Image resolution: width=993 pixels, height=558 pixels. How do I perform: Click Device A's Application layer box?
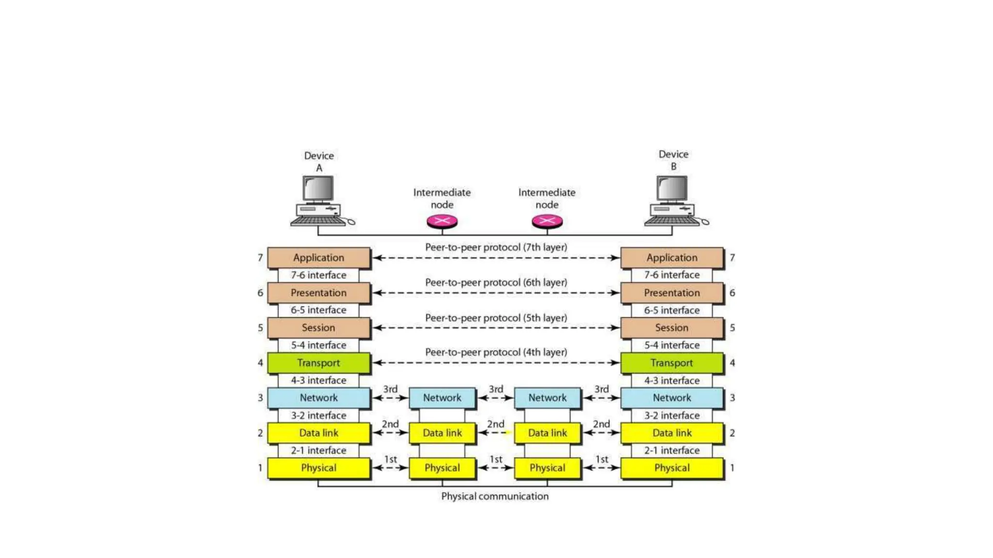pos(319,258)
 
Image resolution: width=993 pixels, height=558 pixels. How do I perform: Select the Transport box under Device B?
pos(672,363)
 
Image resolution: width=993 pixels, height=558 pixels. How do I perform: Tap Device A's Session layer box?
pos(319,328)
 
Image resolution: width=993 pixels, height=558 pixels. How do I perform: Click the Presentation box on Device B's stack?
pos(672,293)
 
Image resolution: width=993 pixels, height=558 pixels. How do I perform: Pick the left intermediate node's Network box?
pos(442,398)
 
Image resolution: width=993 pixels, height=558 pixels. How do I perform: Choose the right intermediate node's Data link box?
pos(547,433)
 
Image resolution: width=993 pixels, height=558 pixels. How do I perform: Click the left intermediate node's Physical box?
pos(442,468)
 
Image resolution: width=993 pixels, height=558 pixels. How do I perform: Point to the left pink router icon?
pos(442,221)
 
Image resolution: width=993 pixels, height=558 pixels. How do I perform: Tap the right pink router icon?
pos(547,221)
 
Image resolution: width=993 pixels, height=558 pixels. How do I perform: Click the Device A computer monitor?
pos(318,188)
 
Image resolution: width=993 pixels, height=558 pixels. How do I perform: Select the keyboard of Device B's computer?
pos(672,221)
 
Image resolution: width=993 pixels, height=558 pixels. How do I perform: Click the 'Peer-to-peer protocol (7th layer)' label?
pos(496,248)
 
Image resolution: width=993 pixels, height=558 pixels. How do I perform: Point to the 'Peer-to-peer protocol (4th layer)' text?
pos(496,352)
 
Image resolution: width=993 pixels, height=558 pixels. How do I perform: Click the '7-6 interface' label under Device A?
pos(319,275)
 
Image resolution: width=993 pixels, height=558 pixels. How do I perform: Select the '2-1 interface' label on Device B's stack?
pos(672,450)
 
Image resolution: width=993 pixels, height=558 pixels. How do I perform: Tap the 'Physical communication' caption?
pos(495,496)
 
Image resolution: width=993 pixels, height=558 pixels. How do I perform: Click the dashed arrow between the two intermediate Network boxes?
pos(495,398)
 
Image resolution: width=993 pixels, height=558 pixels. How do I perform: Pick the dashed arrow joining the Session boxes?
pos(496,328)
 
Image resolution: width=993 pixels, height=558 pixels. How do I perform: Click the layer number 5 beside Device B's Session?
pos(732,328)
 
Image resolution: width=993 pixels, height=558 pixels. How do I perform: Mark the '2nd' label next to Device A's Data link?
pos(390,424)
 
